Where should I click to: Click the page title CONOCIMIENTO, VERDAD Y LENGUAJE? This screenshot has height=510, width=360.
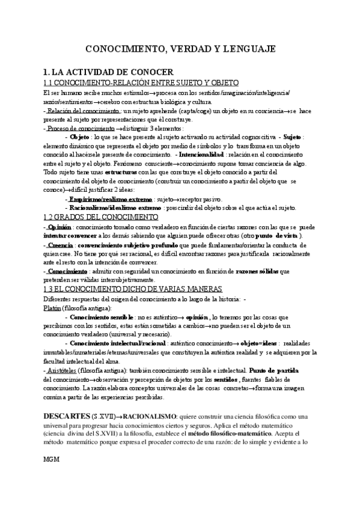[179, 48]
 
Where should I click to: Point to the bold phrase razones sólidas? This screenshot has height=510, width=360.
[252, 271]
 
